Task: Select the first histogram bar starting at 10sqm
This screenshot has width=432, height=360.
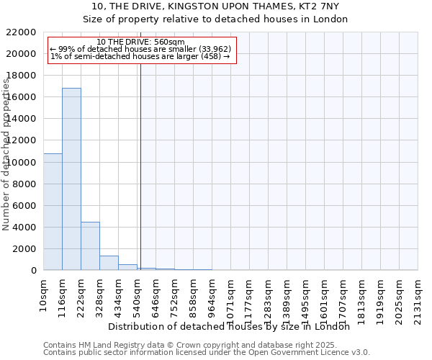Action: (x=53, y=212)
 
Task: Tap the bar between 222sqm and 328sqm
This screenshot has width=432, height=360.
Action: (x=90, y=246)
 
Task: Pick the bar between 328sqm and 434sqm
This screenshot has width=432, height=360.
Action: (x=109, y=263)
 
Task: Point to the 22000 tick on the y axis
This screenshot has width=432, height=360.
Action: (x=21, y=32)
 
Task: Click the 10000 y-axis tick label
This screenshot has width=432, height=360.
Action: (x=21, y=163)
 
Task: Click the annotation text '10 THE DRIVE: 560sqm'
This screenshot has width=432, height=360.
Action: (x=140, y=42)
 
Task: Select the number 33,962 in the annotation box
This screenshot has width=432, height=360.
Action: (x=214, y=49)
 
